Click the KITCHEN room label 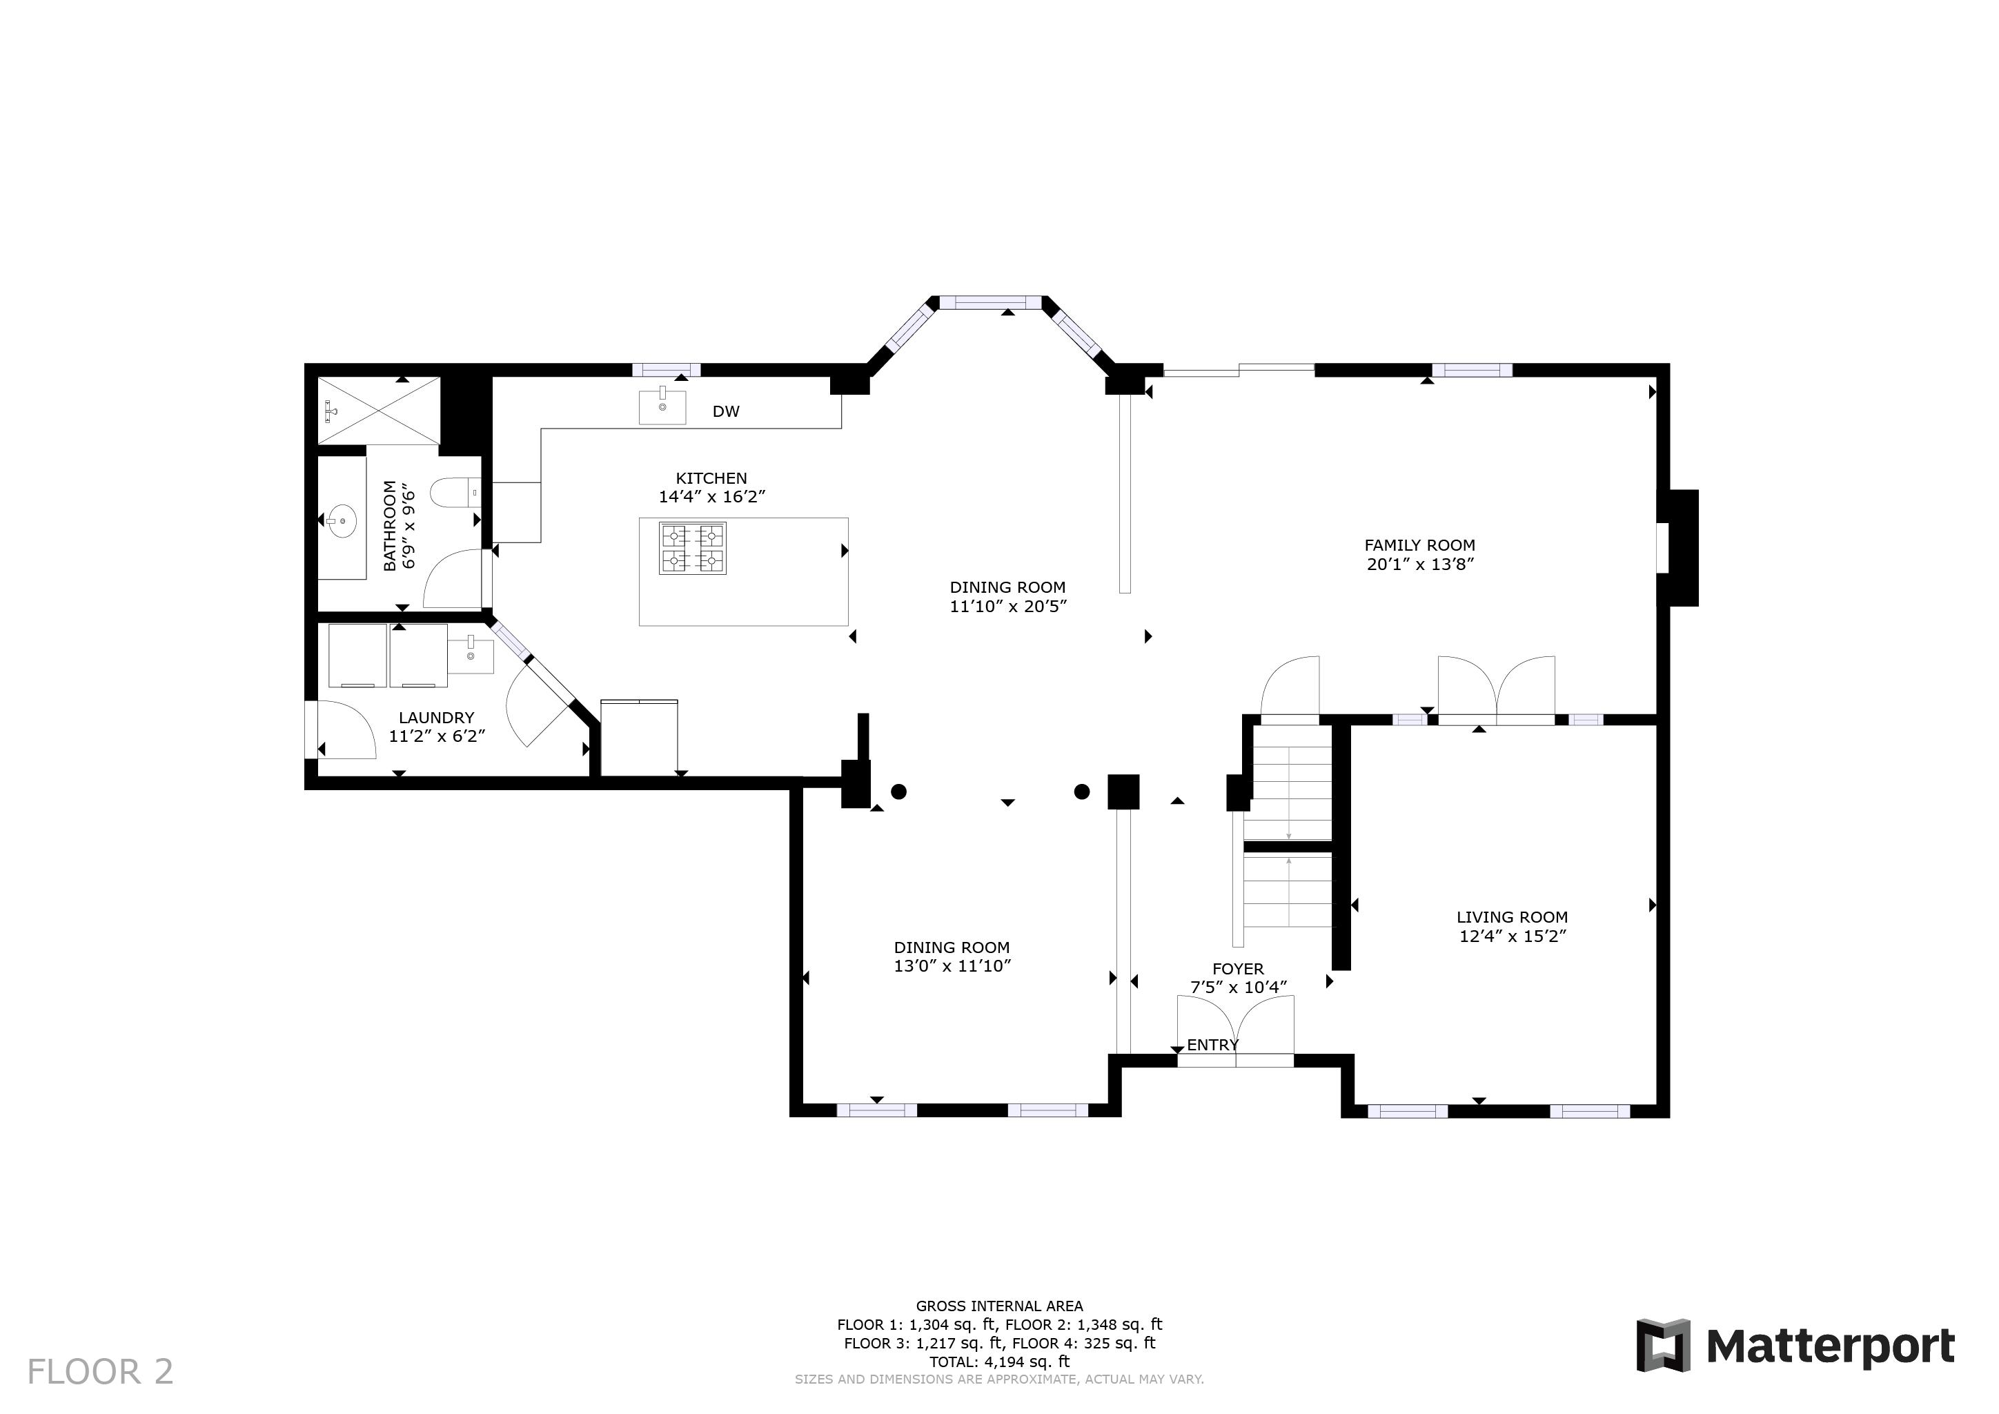coord(711,478)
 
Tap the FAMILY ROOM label coord(1419,545)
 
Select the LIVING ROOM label coord(1513,917)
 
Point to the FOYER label coord(1238,968)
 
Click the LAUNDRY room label coord(436,718)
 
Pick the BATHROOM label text coord(390,526)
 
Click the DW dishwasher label coord(726,412)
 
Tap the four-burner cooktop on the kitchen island coord(692,549)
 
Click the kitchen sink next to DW coord(662,406)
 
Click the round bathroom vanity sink coord(342,522)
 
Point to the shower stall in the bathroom coord(379,411)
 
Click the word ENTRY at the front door coord(1213,1045)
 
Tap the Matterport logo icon coord(1663,1345)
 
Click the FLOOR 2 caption coord(100,1372)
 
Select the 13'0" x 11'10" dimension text coord(952,965)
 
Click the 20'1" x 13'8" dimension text coord(1420,564)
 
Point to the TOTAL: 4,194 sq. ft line coord(999,1362)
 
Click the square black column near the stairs coord(1123,792)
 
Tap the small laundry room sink coord(470,655)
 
